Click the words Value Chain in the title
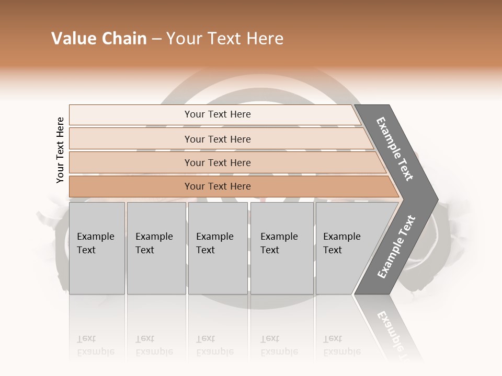point(99,39)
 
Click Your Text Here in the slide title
point(225,39)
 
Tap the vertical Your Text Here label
point(60,150)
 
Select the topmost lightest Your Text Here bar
point(218,114)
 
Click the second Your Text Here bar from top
point(218,139)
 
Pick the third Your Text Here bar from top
point(218,163)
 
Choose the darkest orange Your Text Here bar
point(218,186)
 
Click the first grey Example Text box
point(97,248)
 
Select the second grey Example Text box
point(156,248)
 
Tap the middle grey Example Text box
point(217,248)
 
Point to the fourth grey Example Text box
point(281,248)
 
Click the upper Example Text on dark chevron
point(395,149)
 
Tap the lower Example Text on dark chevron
point(396,247)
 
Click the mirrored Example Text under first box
point(95,346)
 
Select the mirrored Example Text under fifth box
point(341,346)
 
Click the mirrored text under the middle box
point(214,346)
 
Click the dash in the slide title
point(156,39)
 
